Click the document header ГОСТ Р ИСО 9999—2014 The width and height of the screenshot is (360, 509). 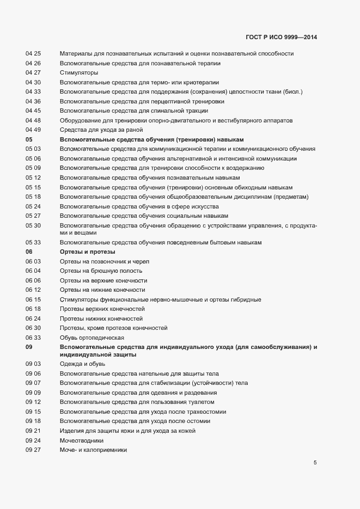[x=281, y=38]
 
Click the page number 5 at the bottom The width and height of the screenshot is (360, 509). [x=315, y=463]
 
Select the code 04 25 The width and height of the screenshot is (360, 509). [x=33, y=53]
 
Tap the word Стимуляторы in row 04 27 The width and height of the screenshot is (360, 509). [x=79, y=72]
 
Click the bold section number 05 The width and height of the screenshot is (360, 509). [x=29, y=139]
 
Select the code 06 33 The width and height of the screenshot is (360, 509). [x=33, y=338]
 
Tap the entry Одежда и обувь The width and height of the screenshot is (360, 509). [x=83, y=364]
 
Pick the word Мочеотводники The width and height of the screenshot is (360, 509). [x=81, y=440]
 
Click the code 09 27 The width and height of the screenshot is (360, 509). [x=33, y=450]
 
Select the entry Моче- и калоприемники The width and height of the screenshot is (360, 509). [x=93, y=450]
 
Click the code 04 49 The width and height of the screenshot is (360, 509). [x=33, y=130]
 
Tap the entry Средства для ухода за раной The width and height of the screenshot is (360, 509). [x=101, y=130]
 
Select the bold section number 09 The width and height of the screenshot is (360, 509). [x=29, y=347]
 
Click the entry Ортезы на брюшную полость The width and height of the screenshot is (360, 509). [x=101, y=271]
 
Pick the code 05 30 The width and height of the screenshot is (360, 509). [x=33, y=225]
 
